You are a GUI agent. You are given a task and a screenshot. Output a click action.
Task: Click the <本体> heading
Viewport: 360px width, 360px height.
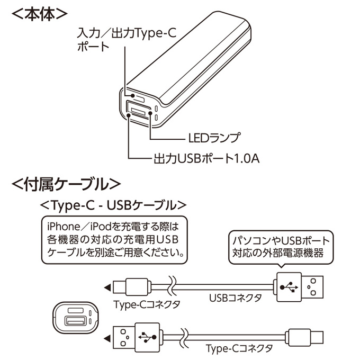39,14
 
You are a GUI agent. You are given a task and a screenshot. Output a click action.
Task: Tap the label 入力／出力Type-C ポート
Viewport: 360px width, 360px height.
127,40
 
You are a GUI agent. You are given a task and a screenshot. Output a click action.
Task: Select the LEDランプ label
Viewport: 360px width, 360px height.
214,138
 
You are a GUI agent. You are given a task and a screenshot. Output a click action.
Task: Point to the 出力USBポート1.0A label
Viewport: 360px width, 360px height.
206,158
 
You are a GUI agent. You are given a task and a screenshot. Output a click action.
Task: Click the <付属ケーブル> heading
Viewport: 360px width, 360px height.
66,184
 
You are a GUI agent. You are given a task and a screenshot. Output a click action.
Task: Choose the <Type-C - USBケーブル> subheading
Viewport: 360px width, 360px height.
113,205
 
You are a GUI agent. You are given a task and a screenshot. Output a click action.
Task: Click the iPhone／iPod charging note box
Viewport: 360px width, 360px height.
114,240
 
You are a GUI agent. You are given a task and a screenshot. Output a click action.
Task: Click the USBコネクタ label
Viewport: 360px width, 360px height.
236,298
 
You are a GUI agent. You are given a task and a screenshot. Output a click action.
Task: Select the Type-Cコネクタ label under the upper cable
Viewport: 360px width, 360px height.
147,304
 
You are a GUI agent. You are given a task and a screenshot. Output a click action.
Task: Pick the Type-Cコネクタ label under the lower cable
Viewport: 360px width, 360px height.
239,348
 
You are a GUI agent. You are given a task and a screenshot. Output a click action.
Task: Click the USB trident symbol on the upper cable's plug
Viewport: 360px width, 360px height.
289,287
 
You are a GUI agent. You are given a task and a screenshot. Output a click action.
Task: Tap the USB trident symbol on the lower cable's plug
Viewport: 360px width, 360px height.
147,337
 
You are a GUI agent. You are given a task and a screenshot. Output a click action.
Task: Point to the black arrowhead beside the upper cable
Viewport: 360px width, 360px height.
107,287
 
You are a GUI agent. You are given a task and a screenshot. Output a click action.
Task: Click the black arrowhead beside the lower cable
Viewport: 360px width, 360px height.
107,338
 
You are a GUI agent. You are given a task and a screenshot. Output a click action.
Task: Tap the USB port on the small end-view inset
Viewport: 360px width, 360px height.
76,321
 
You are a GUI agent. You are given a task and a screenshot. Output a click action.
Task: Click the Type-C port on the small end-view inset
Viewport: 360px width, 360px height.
76,310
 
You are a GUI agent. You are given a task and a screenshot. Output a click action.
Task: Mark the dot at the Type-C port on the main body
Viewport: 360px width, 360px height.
133,95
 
